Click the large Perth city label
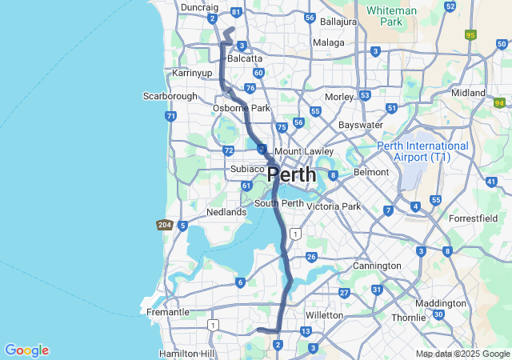pyautogui.click(x=291, y=174)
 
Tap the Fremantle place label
pyautogui.click(x=168, y=312)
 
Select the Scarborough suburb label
pyautogui.click(x=170, y=96)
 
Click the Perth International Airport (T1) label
pyautogui.click(x=422, y=152)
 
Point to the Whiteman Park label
pyautogui.click(x=390, y=16)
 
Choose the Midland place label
pyautogui.click(x=468, y=93)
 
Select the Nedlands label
pyautogui.click(x=226, y=212)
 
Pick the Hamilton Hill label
pyautogui.click(x=186, y=353)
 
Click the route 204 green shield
pyautogui.click(x=164, y=225)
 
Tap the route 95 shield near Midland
pyautogui.click(x=470, y=34)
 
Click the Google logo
pyautogui.click(x=26, y=350)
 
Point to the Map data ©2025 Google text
pyautogui.click(x=462, y=354)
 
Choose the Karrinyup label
pyautogui.click(x=192, y=73)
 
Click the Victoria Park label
pyautogui.click(x=340, y=206)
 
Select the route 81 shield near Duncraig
pyautogui.click(x=235, y=13)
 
